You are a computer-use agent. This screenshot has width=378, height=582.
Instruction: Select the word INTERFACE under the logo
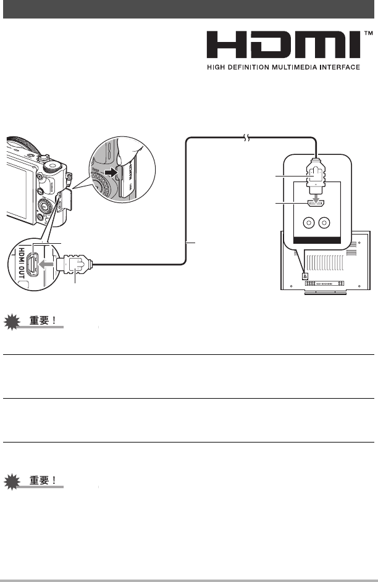click(x=337, y=67)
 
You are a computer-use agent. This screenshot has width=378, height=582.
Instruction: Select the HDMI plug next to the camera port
click(x=73, y=265)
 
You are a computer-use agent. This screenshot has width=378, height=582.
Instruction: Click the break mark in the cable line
click(x=246, y=140)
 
